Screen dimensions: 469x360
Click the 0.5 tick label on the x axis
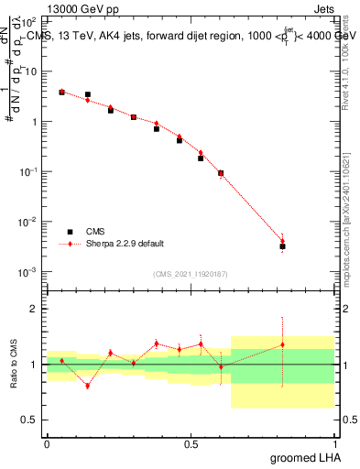(191, 442)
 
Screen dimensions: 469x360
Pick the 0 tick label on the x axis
(47, 442)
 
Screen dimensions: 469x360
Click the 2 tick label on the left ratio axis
(37, 309)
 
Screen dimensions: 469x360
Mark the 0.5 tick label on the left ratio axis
(33, 420)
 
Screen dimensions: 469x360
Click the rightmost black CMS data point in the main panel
(283, 246)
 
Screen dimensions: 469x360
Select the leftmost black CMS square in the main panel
(61, 92)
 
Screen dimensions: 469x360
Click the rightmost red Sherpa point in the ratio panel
(283, 344)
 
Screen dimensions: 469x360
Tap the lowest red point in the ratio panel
(87, 386)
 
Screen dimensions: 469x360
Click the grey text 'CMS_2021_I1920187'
(191, 273)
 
